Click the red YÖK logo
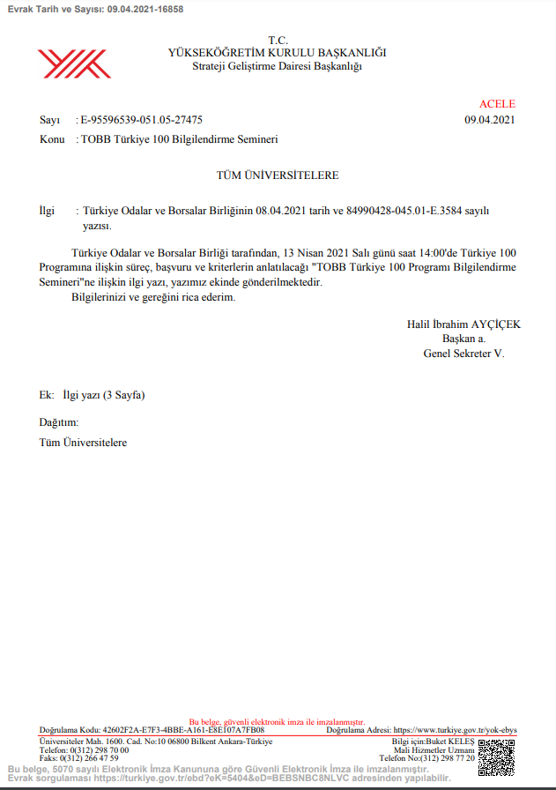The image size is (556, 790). [x=73, y=63]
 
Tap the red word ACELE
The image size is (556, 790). [x=497, y=104]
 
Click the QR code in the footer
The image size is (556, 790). [x=496, y=756]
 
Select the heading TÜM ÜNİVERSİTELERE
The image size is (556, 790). [x=278, y=175]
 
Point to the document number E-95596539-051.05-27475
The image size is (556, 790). [x=141, y=120]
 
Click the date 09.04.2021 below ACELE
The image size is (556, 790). [x=490, y=120]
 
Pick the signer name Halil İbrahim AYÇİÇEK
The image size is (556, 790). [x=463, y=324]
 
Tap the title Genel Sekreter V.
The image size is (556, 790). [x=463, y=353]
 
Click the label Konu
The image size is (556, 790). [x=52, y=139]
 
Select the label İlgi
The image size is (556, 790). [x=47, y=212]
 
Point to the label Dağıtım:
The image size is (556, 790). [x=59, y=423]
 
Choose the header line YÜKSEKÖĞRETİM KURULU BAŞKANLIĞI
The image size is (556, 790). [x=277, y=53]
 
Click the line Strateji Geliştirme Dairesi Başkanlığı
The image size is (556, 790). [x=277, y=66]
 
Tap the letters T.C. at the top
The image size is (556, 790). [x=278, y=41]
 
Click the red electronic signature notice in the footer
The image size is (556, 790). [x=277, y=722]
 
